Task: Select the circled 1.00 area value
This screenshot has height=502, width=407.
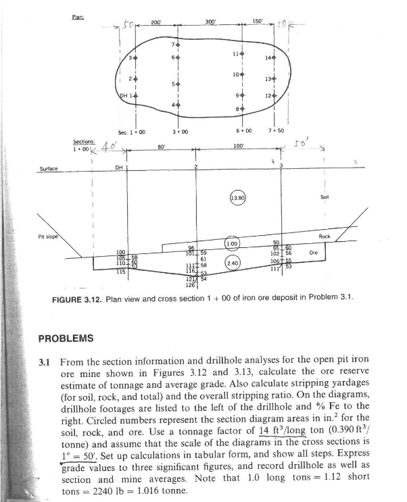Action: coord(232,243)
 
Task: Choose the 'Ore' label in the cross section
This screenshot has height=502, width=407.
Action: coord(332,251)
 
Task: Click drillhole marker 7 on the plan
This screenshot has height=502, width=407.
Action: coord(176,45)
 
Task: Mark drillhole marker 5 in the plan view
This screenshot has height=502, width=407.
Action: coord(176,84)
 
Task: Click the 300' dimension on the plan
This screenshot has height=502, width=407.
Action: coord(210,22)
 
